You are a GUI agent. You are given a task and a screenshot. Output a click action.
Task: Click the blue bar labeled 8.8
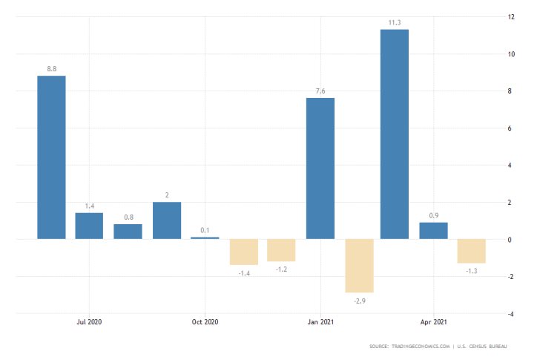point(51,157)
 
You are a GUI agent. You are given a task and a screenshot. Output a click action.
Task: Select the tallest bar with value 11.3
point(395,134)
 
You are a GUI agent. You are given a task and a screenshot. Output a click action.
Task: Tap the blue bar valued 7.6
point(320,168)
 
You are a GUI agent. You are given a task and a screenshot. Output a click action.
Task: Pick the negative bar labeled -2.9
point(359,266)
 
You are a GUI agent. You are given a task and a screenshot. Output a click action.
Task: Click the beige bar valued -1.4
point(243,252)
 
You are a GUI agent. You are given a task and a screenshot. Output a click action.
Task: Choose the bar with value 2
point(167,220)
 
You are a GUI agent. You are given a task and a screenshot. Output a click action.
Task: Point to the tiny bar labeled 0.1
point(205,238)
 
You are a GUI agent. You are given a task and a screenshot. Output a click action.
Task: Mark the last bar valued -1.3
point(472,251)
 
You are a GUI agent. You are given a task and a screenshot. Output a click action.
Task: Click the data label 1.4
point(89,205)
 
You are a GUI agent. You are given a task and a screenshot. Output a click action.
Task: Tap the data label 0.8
point(128,216)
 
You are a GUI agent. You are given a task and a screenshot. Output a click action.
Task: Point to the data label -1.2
point(282,270)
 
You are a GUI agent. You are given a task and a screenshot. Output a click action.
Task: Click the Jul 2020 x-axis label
point(89,322)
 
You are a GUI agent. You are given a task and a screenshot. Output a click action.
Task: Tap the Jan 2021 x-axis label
point(320,322)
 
